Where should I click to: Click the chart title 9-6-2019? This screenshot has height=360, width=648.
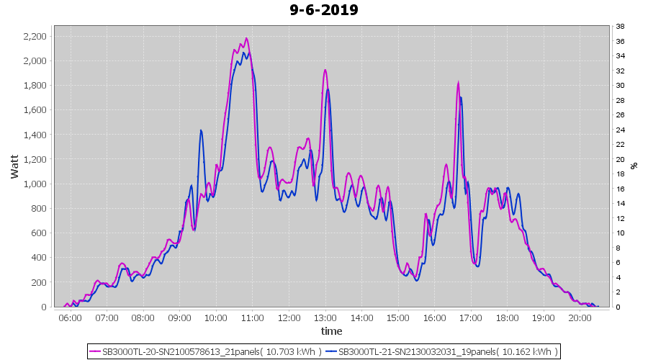323,10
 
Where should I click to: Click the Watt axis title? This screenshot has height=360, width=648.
15,166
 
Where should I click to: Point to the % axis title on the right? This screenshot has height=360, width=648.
634,166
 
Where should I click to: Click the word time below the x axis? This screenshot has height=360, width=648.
331,331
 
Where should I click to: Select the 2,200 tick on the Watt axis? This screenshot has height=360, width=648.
35,36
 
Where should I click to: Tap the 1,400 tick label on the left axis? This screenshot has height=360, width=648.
35,135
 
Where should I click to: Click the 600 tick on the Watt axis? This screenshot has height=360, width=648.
39,233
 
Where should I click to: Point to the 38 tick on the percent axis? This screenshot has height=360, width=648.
620,26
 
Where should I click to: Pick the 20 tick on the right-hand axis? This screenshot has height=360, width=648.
620,159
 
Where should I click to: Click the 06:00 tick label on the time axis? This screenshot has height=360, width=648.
70,317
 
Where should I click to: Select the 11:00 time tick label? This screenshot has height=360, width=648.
252,317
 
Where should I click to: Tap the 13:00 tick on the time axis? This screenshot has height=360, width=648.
325,317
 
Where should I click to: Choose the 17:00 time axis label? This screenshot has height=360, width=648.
470,317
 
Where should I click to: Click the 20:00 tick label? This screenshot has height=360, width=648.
580,317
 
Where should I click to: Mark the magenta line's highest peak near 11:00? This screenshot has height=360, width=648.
246,38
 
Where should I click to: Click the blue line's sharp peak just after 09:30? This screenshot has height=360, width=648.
201,130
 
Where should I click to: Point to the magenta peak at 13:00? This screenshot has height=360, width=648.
325,70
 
